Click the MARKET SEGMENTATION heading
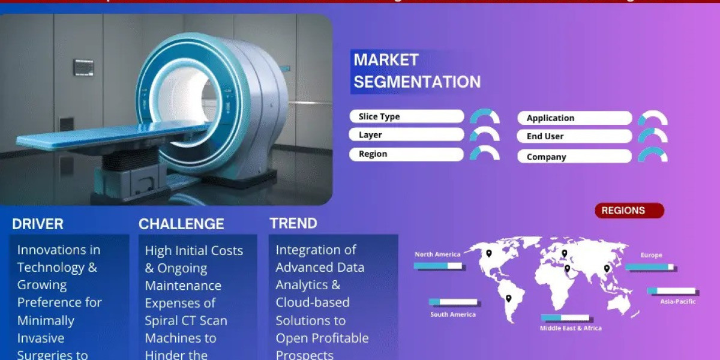tap(416, 71)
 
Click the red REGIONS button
tap(629, 211)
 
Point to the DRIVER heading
tap(38, 224)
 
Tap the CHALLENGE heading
tap(181, 224)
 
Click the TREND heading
tap(293, 224)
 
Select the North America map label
tap(437, 254)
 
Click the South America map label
tap(452, 314)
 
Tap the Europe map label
tap(651, 256)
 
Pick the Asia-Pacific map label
tap(677, 301)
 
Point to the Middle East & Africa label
tap(570, 328)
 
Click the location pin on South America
tap(508, 298)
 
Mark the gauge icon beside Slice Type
tap(485, 116)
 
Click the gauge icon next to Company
tap(653, 155)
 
